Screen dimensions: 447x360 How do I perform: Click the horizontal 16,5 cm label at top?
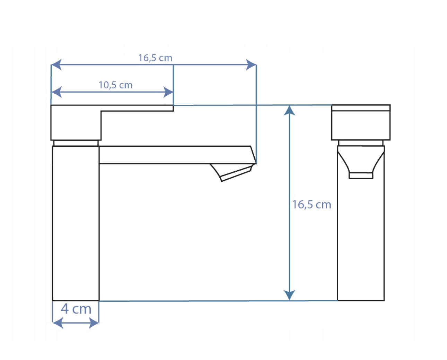[x=155, y=58]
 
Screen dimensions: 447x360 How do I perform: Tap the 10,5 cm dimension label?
[x=115, y=85]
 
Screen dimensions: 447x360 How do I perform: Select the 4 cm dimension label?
[x=76, y=309]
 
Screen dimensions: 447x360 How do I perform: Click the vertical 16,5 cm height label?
[x=312, y=205]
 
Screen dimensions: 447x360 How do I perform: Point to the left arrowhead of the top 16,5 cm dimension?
[x=56, y=65]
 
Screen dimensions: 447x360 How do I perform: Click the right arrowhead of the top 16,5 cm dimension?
[x=251, y=65]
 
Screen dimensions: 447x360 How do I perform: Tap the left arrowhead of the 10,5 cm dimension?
[x=56, y=92]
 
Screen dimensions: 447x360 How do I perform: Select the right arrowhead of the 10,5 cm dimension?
[x=168, y=92]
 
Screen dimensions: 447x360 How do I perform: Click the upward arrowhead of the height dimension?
[x=289, y=110]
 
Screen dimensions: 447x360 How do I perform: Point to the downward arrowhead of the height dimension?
[x=289, y=295]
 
